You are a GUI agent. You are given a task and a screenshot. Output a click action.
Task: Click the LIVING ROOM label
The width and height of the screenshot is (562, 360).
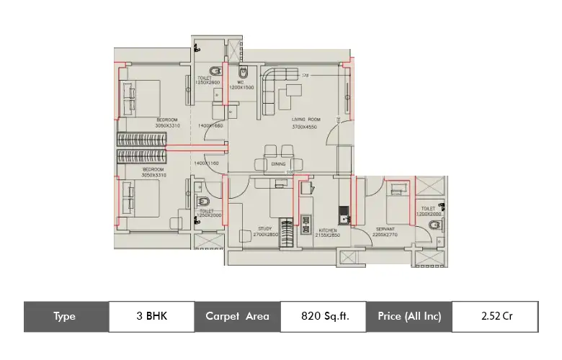coord(306,119)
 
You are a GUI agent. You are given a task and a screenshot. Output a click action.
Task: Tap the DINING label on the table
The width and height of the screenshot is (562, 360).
coord(279,164)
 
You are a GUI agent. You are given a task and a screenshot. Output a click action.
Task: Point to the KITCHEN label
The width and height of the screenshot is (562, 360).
coord(329,230)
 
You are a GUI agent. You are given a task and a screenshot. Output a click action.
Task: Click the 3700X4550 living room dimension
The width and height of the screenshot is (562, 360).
coord(305,126)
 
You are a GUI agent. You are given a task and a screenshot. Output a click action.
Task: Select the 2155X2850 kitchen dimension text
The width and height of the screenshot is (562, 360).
coord(329,235)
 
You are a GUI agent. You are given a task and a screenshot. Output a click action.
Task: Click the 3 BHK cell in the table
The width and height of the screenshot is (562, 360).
coord(151,316)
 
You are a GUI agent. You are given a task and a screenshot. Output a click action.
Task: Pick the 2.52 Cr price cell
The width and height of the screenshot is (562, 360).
coord(497,316)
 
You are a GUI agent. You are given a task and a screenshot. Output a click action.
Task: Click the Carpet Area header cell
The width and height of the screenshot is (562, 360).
coord(237,316)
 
